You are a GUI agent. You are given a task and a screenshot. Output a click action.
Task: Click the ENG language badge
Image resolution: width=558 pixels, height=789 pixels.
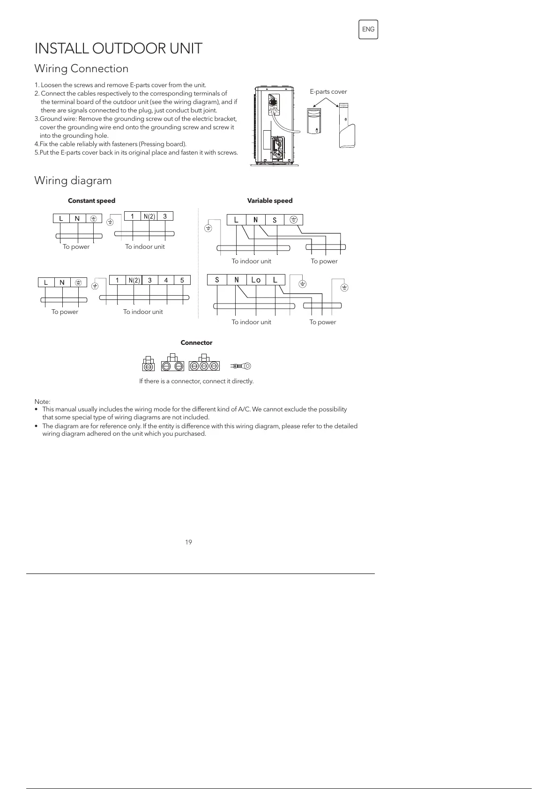[x=368, y=30]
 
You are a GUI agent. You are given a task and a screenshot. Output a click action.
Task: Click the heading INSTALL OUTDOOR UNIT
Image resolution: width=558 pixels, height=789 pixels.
[x=119, y=48]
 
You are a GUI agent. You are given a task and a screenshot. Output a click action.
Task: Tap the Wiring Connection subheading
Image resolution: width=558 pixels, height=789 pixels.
[x=82, y=68]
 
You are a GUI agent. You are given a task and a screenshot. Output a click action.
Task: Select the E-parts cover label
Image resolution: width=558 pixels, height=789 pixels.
[x=328, y=92]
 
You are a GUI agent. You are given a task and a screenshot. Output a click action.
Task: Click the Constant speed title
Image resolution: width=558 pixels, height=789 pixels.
[x=91, y=201]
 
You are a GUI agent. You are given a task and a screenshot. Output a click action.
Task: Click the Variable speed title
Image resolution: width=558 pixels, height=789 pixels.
[x=270, y=201]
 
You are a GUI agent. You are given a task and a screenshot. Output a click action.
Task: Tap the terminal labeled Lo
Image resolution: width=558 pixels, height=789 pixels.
[x=256, y=280]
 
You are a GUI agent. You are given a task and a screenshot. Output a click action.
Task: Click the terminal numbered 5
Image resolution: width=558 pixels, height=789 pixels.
[x=182, y=280]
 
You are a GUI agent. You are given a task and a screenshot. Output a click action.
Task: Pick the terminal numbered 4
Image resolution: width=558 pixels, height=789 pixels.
[x=166, y=280]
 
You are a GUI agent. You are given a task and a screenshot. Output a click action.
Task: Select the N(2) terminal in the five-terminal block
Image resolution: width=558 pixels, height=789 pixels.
[x=134, y=280]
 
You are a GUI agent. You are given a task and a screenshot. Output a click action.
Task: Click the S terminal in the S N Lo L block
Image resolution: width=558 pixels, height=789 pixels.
[x=217, y=280]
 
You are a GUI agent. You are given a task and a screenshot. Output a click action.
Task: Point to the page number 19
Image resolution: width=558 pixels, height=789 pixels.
[x=188, y=542]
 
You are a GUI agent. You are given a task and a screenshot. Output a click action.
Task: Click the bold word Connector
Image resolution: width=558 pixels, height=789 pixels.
[x=196, y=342]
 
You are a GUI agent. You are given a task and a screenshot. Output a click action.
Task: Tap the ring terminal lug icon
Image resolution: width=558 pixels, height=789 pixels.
[x=241, y=365]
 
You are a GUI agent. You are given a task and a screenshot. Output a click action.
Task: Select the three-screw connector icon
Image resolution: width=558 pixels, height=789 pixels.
[x=204, y=365]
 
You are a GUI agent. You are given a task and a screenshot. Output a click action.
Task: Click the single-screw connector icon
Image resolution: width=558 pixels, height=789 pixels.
[x=148, y=365]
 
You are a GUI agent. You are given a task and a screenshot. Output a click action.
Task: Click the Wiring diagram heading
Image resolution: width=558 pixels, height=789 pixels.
[x=73, y=180]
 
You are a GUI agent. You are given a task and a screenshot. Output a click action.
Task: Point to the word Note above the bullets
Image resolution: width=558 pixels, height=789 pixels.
[x=42, y=402]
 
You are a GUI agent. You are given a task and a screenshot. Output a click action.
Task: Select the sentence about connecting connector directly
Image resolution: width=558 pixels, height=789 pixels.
[x=196, y=381]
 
